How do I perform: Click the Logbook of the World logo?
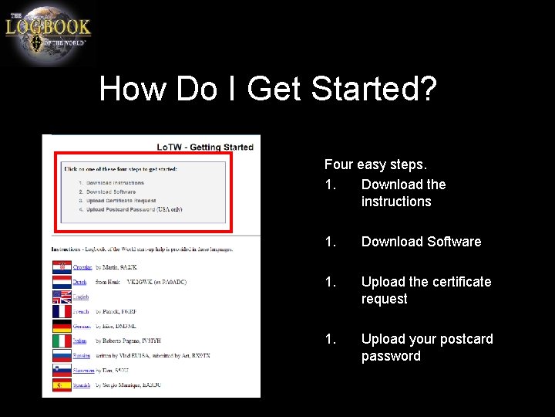coord(48,33)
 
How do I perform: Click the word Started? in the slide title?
coord(375,89)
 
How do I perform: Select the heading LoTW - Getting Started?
coord(205,147)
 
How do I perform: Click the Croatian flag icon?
coord(62,267)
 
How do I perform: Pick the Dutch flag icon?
coord(62,282)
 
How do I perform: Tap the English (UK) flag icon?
coord(62,297)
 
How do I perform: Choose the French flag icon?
coord(62,311)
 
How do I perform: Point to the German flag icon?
coord(62,326)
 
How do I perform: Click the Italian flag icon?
coord(62,341)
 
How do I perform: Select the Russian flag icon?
coord(62,355)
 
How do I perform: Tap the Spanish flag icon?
coord(62,385)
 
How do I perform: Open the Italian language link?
coord(80,341)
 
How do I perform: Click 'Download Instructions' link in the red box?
coord(115,183)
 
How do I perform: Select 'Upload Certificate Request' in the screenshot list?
coord(121,201)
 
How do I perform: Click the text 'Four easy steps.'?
coord(375,164)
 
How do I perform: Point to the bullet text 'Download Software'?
coord(421,242)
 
